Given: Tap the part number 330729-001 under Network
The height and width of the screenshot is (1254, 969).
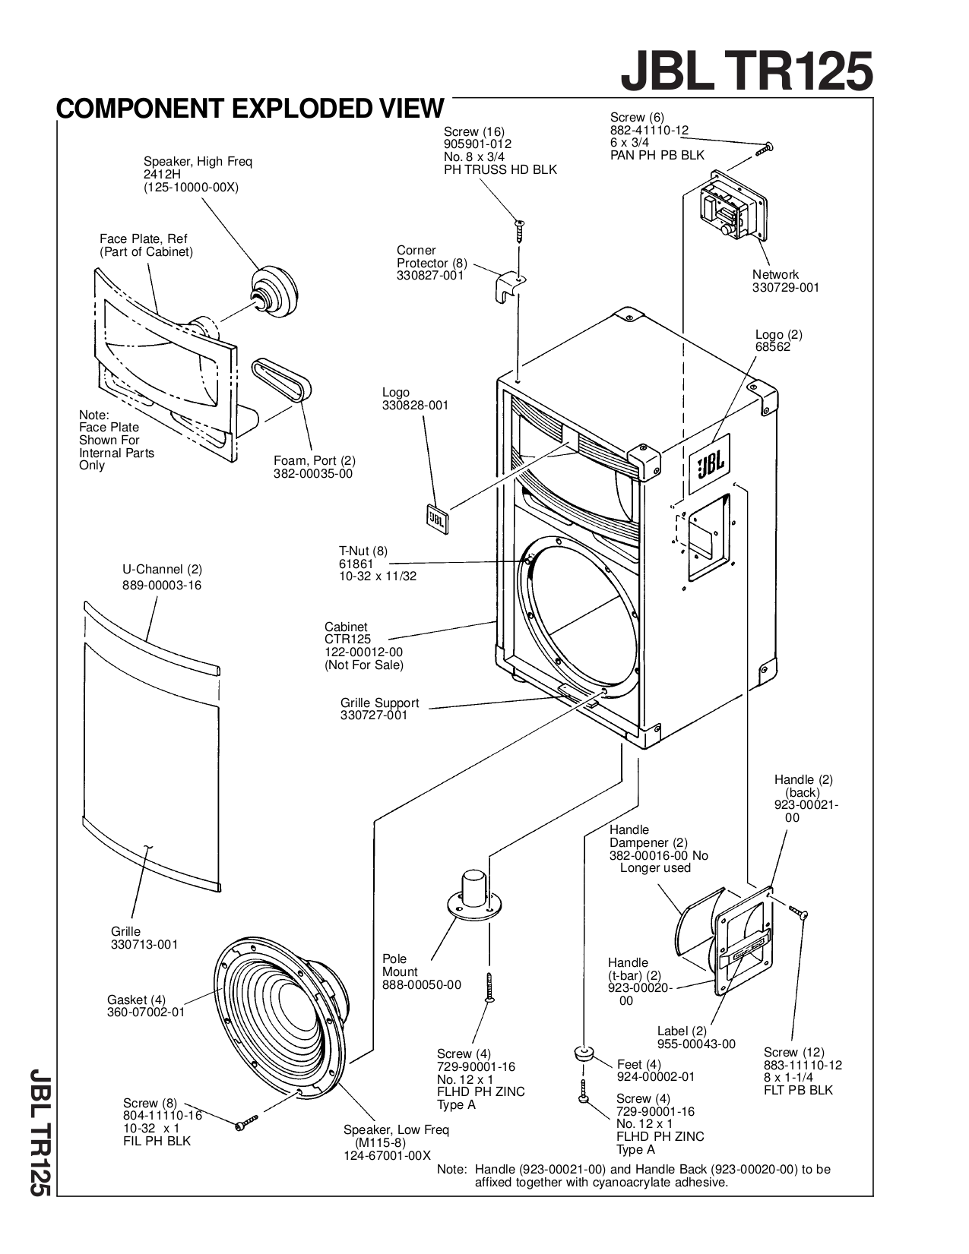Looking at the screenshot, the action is point(786,288).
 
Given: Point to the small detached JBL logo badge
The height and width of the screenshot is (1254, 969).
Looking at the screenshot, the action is point(435,519).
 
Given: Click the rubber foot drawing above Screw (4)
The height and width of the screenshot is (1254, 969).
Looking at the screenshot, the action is point(584,1054).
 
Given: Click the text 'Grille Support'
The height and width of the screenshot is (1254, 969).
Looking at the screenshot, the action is point(379,703).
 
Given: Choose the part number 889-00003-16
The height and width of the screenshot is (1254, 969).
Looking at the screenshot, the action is point(162,586).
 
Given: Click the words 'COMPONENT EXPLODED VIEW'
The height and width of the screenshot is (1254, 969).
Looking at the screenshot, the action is point(249,109).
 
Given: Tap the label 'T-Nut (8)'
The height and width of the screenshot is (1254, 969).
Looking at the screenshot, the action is point(363,551).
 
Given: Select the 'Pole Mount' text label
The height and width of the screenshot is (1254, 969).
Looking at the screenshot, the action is point(400,965).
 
